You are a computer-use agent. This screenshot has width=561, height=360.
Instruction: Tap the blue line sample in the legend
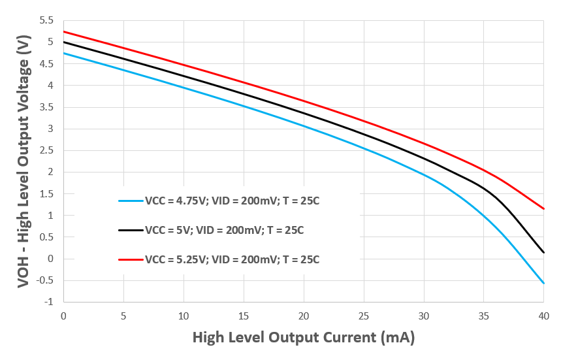(129, 201)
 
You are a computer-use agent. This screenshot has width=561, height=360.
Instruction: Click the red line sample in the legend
(129, 259)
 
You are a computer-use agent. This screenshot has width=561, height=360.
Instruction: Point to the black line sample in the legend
(129, 230)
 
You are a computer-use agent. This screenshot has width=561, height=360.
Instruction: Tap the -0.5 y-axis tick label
(47, 280)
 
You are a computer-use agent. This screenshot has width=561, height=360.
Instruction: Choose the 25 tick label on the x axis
(364, 316)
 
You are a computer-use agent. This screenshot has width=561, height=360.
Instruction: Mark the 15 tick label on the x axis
(244, 316)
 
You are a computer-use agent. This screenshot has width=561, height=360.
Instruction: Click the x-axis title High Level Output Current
(304, 338)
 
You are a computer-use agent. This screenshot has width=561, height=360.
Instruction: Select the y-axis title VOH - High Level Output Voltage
(24, 161)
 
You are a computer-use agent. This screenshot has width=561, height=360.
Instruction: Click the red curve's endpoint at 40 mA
(544, 209)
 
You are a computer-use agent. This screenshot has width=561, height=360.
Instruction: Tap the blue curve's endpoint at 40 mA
(544, 284)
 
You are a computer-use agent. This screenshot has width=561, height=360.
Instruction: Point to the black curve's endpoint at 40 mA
(544, 253)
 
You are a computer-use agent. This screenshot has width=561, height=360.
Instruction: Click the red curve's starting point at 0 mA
(63, 32)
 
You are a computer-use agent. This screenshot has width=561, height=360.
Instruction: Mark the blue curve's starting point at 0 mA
(63, 54)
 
